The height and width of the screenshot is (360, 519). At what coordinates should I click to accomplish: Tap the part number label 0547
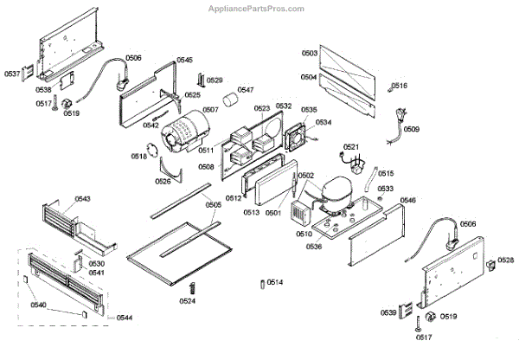(x=246, y=90)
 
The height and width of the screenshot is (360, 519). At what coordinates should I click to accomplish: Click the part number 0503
(x=308, y=54)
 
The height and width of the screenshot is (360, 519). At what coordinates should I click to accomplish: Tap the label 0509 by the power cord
(x=412, y=129)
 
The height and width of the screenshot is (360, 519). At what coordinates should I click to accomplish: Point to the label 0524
(x=187, y=301)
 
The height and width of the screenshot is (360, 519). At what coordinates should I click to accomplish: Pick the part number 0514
(x=274, y=282)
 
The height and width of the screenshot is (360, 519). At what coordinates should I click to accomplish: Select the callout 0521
(x=350, y=146)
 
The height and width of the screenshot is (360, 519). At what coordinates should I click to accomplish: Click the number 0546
(x=407, y=200)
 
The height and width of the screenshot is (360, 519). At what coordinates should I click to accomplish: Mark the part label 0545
(x=184, y=60)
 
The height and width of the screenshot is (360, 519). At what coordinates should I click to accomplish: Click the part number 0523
(x=262, y=108)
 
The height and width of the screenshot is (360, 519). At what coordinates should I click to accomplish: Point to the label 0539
(x=388, y=312)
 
